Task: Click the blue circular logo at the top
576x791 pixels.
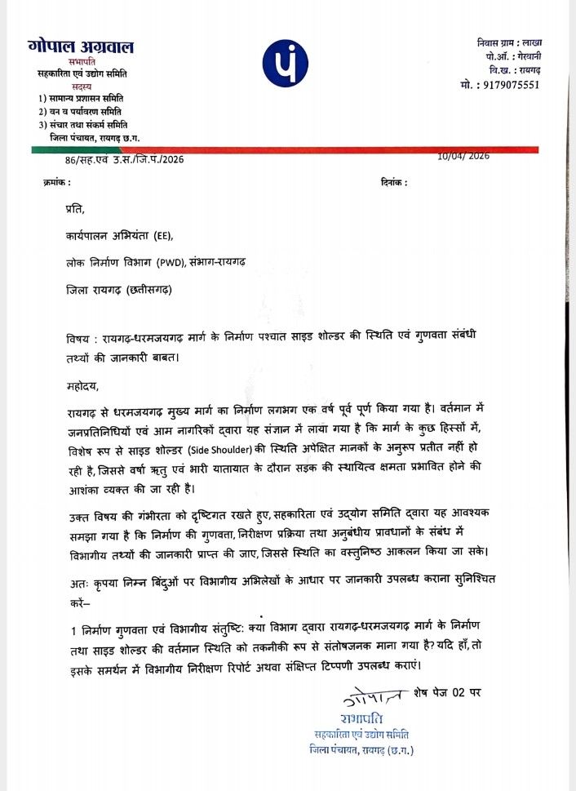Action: click(285, 61)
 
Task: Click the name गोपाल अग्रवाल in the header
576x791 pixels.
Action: click(80, 47)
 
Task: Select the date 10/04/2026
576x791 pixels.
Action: click(463, 156)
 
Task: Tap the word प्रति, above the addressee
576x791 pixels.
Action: click(74, 210)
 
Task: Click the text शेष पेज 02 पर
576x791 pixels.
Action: click(448, 693)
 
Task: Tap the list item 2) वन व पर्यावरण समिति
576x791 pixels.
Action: click(81, 111)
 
